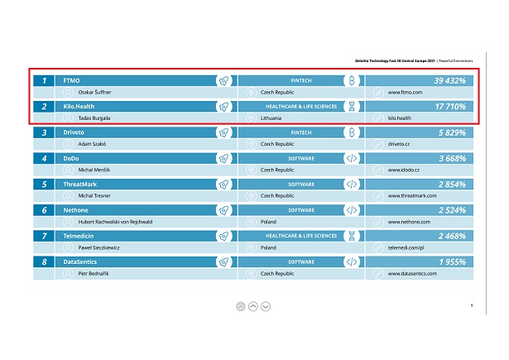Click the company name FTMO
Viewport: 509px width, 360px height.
71,81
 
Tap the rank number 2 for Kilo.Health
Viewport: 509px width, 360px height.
44,107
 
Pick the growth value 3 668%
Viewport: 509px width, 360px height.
452,158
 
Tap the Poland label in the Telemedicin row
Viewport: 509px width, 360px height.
268,247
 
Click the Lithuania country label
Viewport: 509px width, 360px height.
273,118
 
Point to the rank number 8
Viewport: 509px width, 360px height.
44,262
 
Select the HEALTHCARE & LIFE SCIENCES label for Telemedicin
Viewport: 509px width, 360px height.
301,236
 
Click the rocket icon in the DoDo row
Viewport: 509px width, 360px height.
223,158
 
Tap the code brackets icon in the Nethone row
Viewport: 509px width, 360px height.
351,210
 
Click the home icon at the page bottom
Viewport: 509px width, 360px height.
240,306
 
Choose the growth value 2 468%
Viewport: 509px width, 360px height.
452,236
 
